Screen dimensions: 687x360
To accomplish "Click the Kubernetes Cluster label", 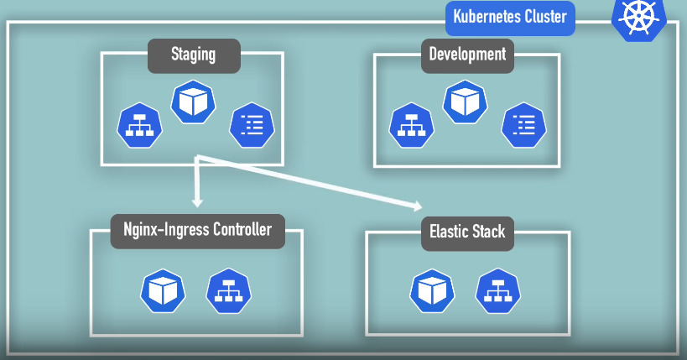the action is (510, 18).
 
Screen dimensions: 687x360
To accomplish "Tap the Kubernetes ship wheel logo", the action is (639, 18).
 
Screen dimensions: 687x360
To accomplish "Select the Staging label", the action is (194, 55).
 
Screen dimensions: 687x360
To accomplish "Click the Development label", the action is (467, 55).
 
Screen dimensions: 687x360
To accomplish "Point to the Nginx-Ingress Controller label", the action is (198, 231).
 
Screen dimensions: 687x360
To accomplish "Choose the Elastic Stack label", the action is (467, 233).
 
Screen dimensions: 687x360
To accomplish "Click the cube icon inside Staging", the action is (193, 102).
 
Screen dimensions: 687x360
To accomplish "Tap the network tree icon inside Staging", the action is (140, 125).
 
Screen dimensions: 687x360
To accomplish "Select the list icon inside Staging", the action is (252, 125).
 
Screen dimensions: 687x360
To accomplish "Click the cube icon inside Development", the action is (466, 102).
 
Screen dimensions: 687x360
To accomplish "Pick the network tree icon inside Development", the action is (411, 125).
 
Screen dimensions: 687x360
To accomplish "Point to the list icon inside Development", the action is (524, 125).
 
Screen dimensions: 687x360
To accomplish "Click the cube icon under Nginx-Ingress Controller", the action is (163, 290).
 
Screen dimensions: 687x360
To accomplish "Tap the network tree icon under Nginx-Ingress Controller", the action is (229, 290).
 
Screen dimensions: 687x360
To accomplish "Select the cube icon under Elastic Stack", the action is (433, 290).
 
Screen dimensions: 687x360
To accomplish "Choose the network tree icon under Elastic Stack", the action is (498, 290).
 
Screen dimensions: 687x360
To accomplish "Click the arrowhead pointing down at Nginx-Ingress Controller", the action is (197, 202).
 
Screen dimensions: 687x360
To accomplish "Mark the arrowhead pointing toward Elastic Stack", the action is (418, 206).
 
